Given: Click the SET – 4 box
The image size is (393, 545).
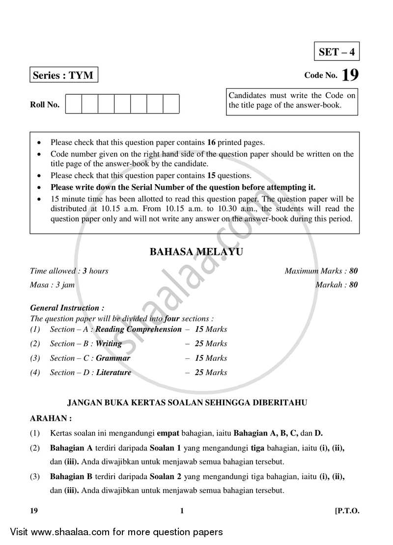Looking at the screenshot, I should click(337, 52).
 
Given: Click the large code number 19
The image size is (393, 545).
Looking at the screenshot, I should click(350, 75).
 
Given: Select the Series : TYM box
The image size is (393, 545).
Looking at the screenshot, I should click(63, 76).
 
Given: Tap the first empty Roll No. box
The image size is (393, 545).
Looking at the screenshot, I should click(73, 104).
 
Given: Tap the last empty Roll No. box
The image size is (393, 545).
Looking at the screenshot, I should click(171, 104).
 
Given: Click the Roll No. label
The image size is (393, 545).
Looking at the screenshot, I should click(45, 105).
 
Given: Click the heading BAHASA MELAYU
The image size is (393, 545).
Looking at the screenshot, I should click(196, 252).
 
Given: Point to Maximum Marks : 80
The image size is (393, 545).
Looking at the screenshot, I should click(321, 271).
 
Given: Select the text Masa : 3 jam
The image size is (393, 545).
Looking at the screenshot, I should click(52, 284).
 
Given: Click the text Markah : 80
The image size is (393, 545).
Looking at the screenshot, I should click(337, 284).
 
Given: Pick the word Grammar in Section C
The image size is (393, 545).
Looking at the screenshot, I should click(113, 358).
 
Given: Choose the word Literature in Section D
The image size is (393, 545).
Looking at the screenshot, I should click(113, 372).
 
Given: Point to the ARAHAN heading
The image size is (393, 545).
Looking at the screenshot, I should click(51, 418).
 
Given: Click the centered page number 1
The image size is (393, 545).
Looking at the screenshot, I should click(182, 511).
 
